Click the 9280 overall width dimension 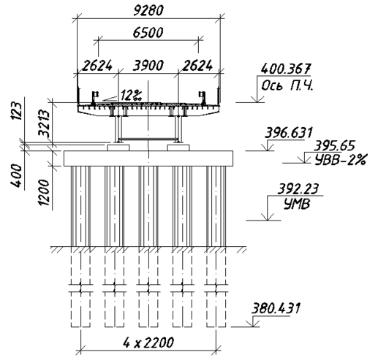point(148,11)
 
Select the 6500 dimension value point(148,33)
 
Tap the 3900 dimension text point(148,66)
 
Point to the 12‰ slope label point(131,95)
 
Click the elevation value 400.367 point(285,69)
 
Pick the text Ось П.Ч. point(287,85)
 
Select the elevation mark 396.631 point(289,133)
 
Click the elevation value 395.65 point(334,146)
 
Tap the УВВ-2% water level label point(341,159)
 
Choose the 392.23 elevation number point(298,189)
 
